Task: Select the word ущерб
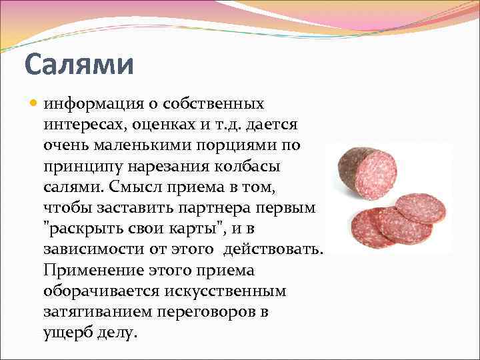pos(67,332)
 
